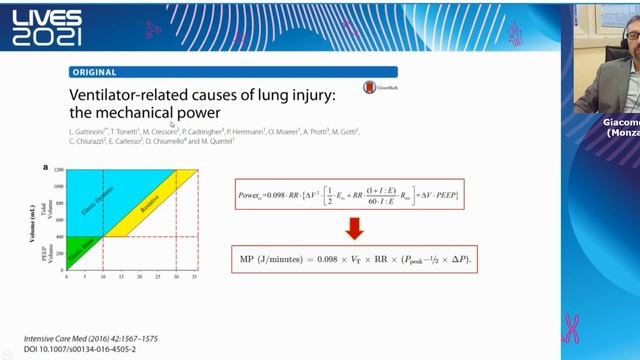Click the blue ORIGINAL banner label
(95, 72)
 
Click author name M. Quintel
(219, 142)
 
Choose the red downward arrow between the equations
(354, 228)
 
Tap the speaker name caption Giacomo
(622, 122)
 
